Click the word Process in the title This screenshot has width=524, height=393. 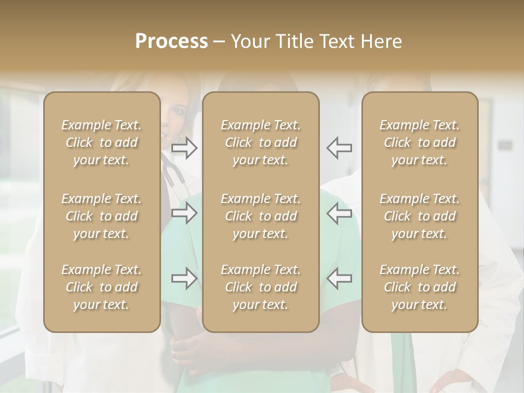(x=171, y=41)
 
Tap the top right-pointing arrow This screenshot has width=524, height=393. (x=184, y=147)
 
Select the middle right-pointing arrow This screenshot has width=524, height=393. (x=184, y=213)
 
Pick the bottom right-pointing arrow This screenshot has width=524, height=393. (x=184, y=278)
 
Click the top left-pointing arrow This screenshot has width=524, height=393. (x=340, y=147)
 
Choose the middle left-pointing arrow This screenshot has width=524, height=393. (x=340, y=213)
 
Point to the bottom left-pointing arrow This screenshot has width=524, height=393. (x=340, y=278)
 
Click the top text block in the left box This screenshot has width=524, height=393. (x=102, y=142)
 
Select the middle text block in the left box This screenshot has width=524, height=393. (x=102, y=216)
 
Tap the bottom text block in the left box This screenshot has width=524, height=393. (x=102, y=287)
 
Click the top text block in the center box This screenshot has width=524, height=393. (x=261, y=142)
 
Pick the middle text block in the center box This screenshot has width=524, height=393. (x=261, y=216)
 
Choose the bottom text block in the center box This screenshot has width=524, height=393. (x=261, y=287)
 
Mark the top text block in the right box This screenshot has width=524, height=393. (x=420, y=142)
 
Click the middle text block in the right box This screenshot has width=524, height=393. (x=420, y=216)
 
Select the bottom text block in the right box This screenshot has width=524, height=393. (x=420, y=287)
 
